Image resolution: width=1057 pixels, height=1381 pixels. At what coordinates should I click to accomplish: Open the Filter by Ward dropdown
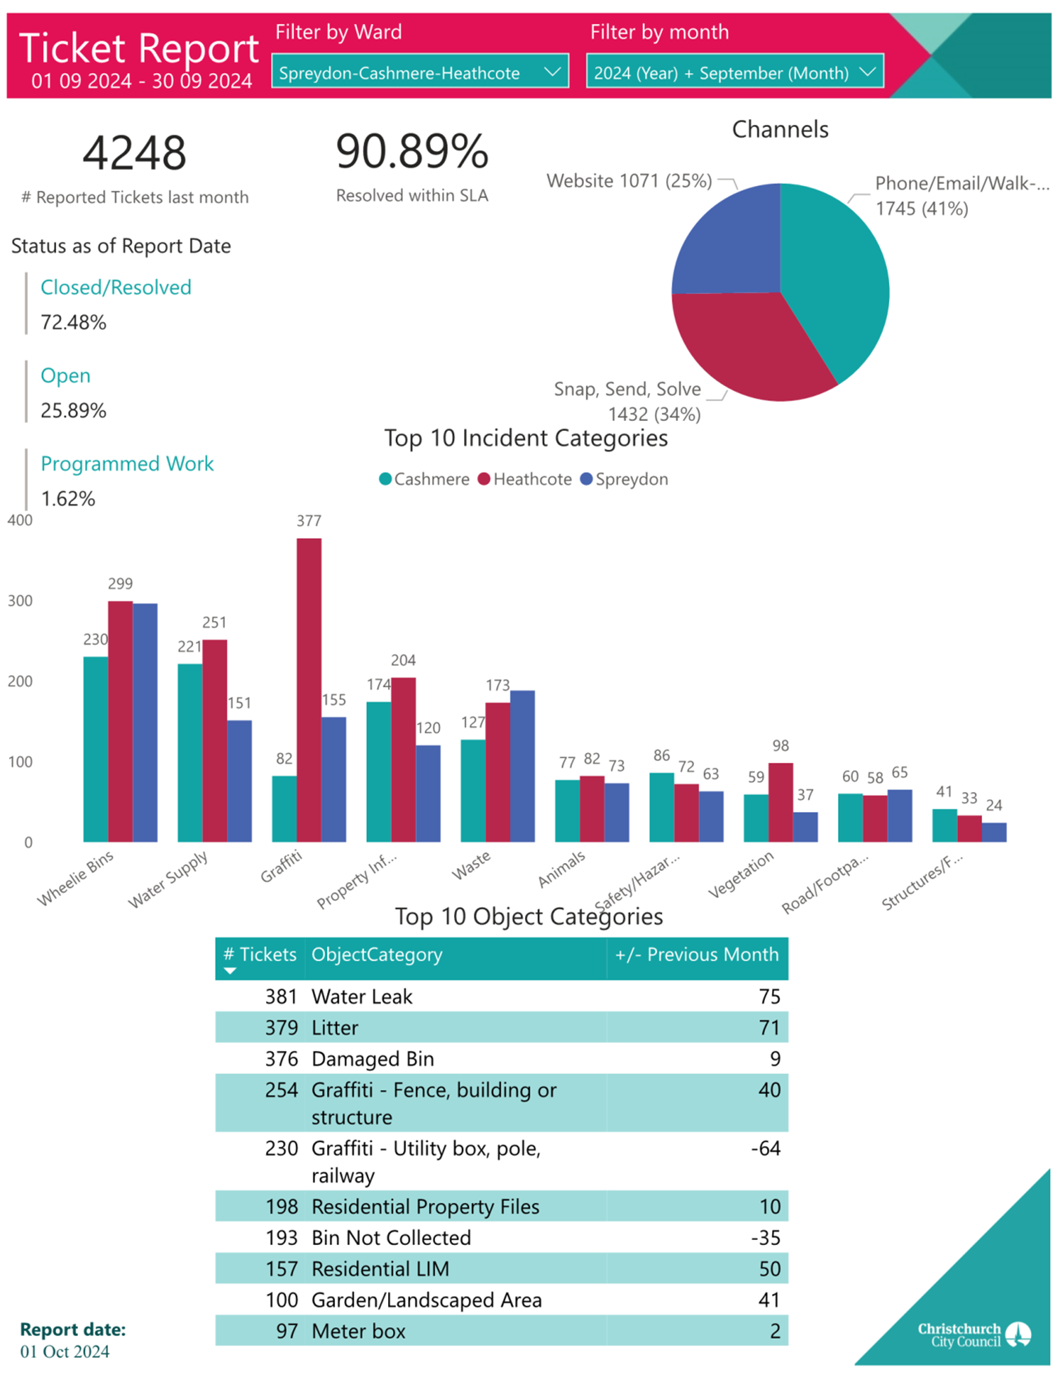point(420,72)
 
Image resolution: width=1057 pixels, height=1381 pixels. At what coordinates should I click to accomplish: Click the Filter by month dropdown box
point(734,72)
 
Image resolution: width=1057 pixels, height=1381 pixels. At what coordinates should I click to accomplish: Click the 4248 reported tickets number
point(134,153)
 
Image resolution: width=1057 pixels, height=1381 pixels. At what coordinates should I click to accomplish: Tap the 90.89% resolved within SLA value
point(412,151)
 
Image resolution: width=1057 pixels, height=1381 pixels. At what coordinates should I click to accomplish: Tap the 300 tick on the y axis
point(20,601)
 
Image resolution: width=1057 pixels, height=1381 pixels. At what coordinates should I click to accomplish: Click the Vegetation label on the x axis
point(740,874)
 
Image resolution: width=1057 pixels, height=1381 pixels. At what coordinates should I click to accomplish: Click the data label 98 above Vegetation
point(780,745)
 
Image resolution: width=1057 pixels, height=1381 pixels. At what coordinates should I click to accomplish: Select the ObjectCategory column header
point(377,954)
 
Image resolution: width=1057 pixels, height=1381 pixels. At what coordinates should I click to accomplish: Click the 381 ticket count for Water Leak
point(281,996)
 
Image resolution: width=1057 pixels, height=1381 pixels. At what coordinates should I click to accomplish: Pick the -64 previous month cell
point(765,1148)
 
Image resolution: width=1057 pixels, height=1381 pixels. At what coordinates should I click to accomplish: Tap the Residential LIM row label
point(380,1269)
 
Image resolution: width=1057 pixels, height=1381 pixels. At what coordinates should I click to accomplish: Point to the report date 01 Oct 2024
point(65,1352)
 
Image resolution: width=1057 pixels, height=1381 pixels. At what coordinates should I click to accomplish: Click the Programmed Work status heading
point(127,464)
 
